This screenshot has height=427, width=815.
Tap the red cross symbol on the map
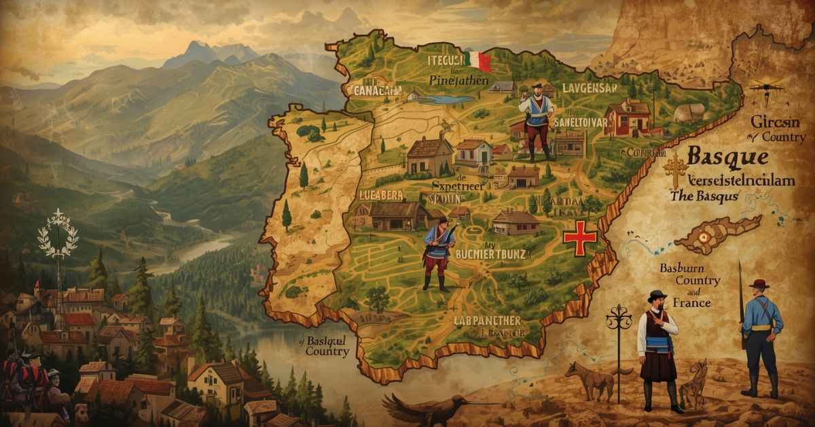pyautogui.click(x=580, y=237)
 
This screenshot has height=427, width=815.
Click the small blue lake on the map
pyautogui.click(x=449, y=99)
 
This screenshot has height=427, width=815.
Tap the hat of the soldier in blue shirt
pyautogui.click(x=759, y=284)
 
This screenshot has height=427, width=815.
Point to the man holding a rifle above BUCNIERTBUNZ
pyautogui.click(x=436, y=253)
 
